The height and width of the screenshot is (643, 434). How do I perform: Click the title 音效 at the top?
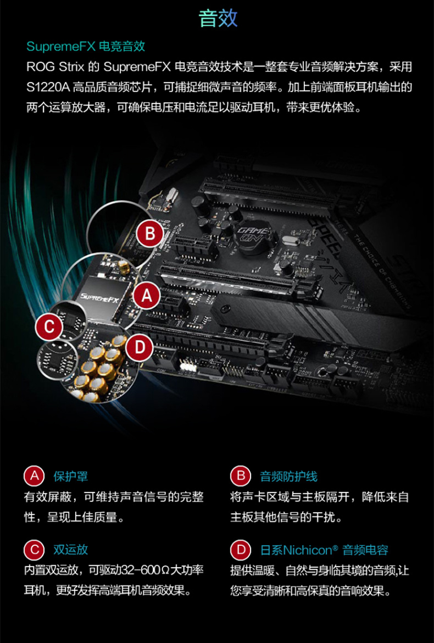218,19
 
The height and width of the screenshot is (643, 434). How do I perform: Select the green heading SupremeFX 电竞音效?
86,46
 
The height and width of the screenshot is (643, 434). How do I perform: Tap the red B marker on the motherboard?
150,234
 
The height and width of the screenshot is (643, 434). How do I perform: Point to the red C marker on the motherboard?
49,327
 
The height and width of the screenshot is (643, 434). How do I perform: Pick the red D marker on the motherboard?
140,348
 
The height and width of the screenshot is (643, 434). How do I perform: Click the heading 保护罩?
70,476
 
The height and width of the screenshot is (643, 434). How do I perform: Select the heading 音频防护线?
288,476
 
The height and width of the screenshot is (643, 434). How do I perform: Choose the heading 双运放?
70,550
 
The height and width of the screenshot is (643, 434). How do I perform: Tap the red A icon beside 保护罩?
35,476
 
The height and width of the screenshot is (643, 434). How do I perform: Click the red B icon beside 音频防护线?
241,476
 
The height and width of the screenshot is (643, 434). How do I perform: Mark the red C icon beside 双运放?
35,550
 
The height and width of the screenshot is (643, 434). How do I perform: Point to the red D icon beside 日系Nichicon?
241,550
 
